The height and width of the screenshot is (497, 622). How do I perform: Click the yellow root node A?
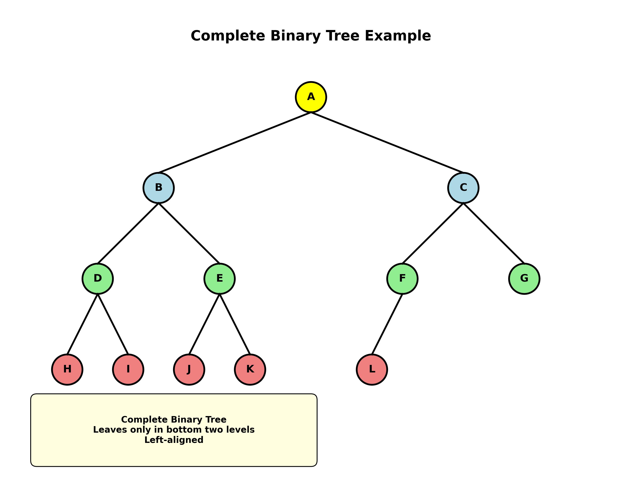(311, 97)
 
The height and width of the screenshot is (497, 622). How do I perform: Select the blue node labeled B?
(158, 188)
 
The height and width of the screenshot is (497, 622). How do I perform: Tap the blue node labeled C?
(463, 188)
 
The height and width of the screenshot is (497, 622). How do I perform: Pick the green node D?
(98, 278)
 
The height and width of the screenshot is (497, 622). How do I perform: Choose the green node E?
(219, 278)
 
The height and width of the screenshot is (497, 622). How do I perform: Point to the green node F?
(402, 278)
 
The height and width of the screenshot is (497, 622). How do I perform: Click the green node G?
(524, 278)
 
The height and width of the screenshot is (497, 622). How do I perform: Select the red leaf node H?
(67, 369)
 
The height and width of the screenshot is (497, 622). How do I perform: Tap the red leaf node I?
(128, 369)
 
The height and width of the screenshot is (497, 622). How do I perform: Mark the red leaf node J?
(189, 369)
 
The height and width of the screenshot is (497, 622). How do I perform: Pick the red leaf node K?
(250, 369)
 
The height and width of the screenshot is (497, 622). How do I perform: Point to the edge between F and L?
(387, 324)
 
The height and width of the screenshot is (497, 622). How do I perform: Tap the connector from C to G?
(494, 233)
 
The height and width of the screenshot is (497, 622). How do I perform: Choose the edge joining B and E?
(189, 233)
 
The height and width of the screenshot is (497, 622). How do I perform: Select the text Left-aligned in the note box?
(174, 440)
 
